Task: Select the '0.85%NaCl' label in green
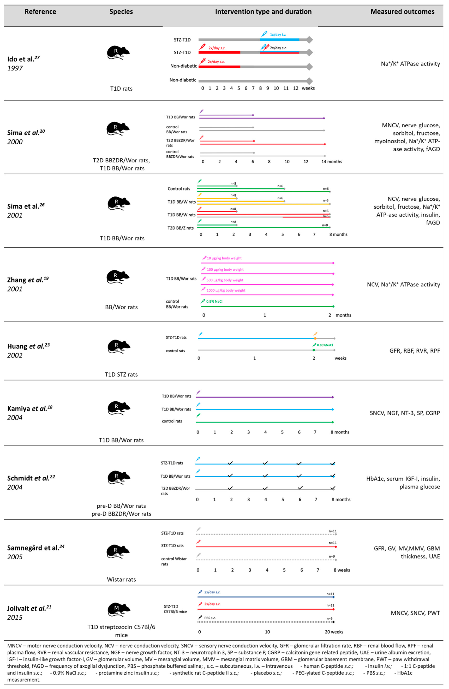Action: click(325, 345)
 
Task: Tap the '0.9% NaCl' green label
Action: click(214, 301)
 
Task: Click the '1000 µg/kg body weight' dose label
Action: click(226, 290)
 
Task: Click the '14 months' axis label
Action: click(332, 162)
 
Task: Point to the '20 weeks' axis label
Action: click(334, 632)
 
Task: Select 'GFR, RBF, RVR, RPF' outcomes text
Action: click(415, 351)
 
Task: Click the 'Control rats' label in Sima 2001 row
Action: click(179, 189)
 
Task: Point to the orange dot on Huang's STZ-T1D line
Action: click(315, 338)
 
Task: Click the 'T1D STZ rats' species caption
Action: click(121, 375)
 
